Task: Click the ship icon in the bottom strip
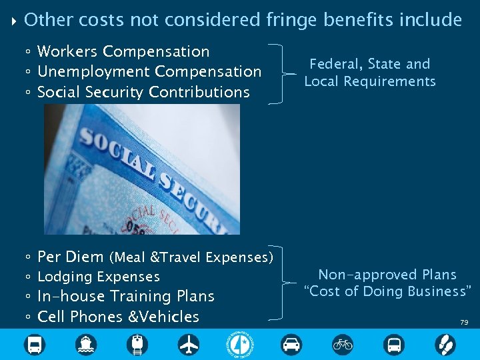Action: pyautogui.click(x=86, y=344)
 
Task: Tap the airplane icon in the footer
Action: pyautogui.click(x=189, y=344)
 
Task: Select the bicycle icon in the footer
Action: pyautogui.click(x=343, y=344)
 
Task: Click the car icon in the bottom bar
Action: pyautogui.click(x=291, y=344)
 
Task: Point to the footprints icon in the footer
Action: pyautogui.click(x=445, y=344)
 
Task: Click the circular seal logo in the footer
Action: pyautogui.click(x=240, y=344)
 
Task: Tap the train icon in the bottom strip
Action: pyautogui.click(x=137, y=344)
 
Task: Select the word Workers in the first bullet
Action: pyautogui.click(x=67, y=51)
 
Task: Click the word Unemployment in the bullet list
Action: pyautogui.click(x=93, y=71)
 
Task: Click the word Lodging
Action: pyautogui.click(x=65, y=277)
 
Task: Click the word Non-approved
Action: pyautogui.click(x=359, y=275)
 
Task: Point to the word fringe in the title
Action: pyautogui.click(x=289, y=20)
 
